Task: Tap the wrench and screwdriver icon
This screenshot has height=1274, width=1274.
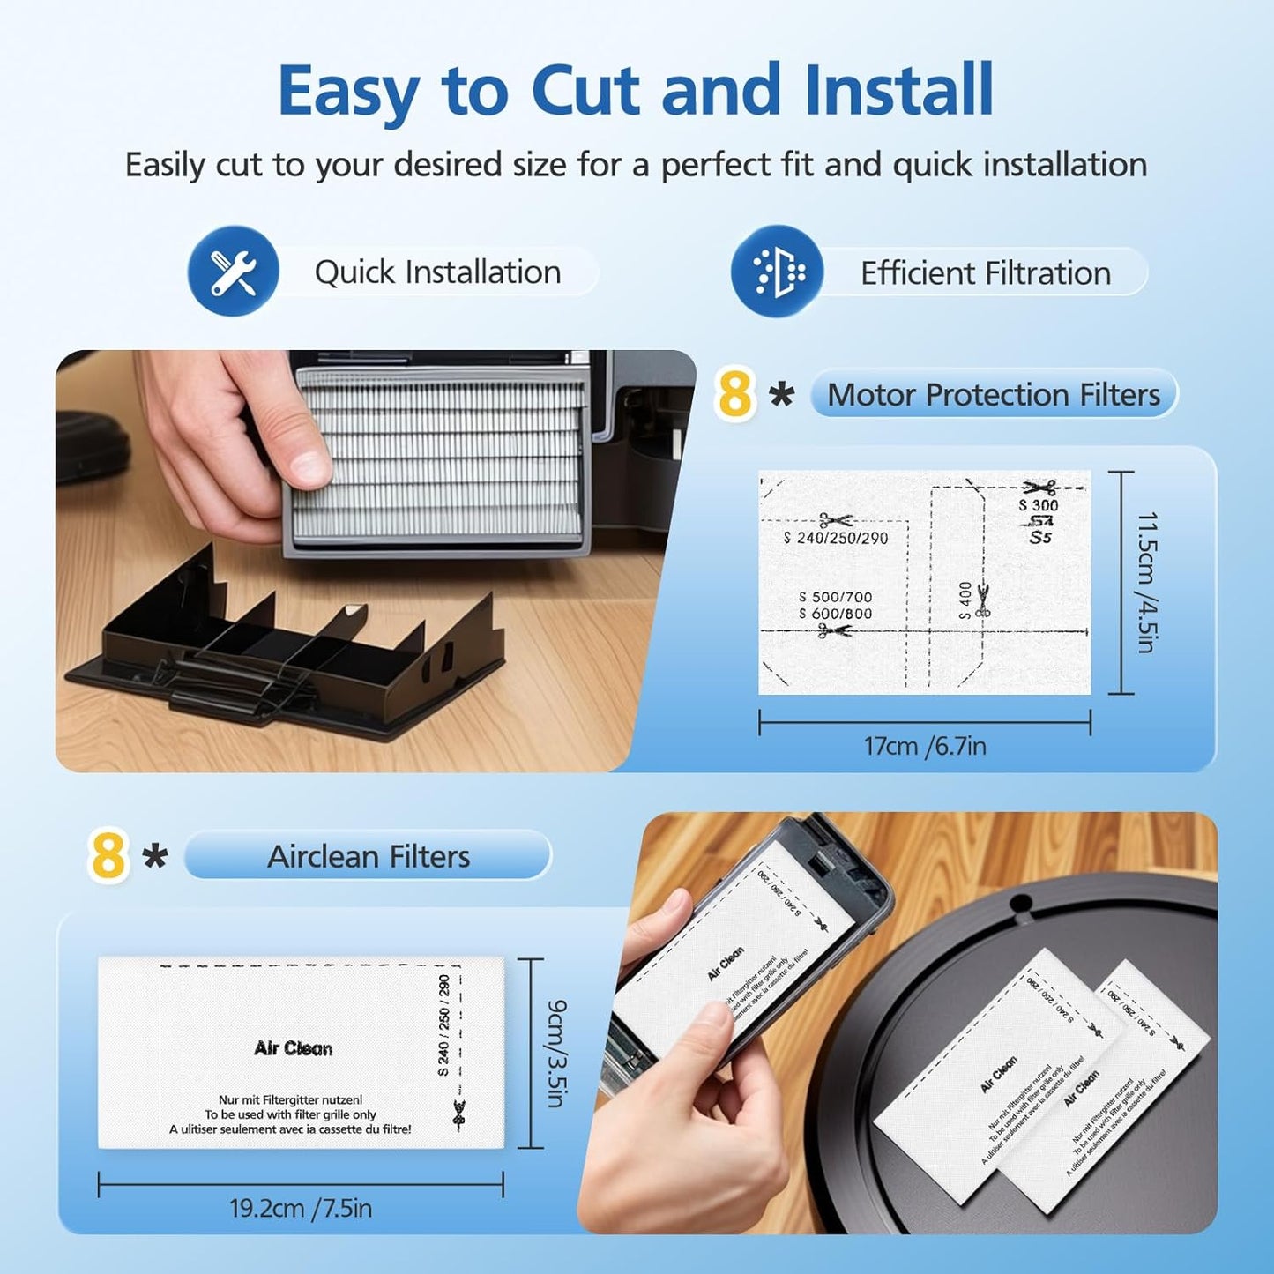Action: pyautogui.click(x=233, y=272)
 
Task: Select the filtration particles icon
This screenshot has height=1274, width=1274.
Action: pyautogui.click(x=777, y=272)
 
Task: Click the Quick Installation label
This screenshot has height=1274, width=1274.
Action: pyautogui.click(x=437, y=272)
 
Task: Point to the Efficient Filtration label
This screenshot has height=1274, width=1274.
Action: pyautogui.click(x=985, y=273)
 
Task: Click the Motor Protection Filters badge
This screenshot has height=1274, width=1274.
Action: pyautogui.click(x=993, y=394)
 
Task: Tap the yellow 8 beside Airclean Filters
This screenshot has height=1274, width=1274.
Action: pyautogui.click(x=108, y=855)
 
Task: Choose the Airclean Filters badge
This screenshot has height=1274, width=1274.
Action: pyautogui.click(x=368, y=856)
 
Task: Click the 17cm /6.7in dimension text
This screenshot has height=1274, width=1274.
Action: pyautogui.click(x=924, y=746)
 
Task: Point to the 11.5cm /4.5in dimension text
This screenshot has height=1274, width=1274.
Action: pyautogui.click(x=1145, y=582)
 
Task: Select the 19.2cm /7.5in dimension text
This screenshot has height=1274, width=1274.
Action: pyautogui.click(x=300, y=1207)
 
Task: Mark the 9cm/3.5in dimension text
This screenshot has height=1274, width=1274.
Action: pyautogui.click(x=556, y=1053)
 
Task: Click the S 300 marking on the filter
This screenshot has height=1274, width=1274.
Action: pyautogui.click(x=1038, y=505)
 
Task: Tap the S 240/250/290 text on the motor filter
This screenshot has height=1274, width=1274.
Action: pyautogui.click(x=835, y=538)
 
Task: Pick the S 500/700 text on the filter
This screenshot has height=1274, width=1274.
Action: pyautogui.click(x=834, y=597)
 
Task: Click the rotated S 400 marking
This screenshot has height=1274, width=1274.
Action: pyautogui.click(x=965, y=600)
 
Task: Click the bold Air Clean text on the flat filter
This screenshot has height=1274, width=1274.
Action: pyautogui.click(x=293, y=1048)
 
